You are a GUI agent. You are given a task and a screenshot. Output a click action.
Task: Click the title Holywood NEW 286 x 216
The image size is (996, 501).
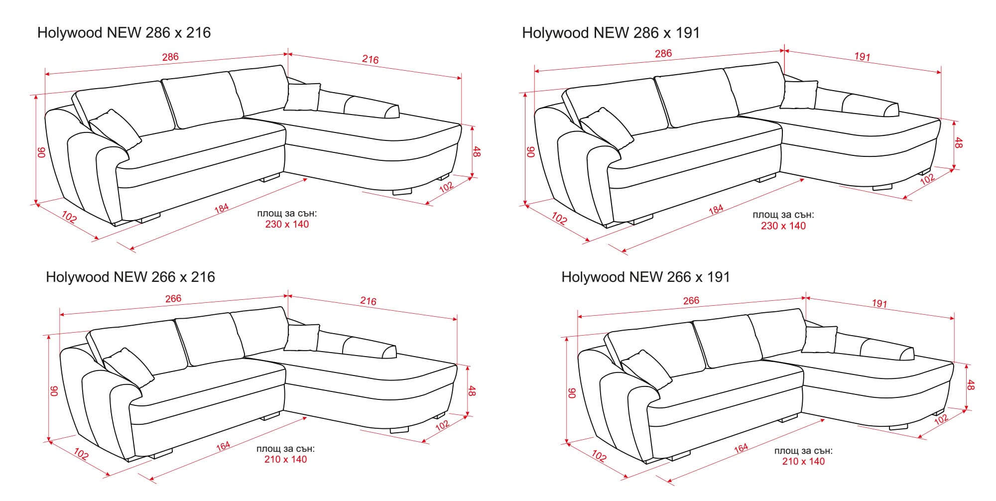tap(124, 33)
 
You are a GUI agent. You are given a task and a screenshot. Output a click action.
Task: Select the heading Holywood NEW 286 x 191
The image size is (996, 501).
tap(611, 33)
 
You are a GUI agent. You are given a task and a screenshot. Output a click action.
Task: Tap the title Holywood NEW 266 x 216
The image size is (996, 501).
tap(130, 277)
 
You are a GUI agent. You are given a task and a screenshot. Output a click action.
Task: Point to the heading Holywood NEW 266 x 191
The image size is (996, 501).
tap(646, 277)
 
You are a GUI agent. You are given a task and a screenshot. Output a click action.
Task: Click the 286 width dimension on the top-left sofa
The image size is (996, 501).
tap(170, 57)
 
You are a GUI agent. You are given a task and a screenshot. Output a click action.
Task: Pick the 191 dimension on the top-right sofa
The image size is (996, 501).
tap(862, 57)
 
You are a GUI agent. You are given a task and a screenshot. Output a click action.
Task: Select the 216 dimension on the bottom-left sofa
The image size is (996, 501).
tap(368, 301)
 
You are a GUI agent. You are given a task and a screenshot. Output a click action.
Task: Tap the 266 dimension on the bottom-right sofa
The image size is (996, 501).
tap(691, 301)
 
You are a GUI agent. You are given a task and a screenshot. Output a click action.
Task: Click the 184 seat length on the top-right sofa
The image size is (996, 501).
tap(716, 209)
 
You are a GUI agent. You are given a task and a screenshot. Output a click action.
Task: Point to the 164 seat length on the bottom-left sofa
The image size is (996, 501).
tap(223, 447)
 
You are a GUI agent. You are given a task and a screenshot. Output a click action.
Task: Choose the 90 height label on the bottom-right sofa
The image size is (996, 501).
tap(573, 393)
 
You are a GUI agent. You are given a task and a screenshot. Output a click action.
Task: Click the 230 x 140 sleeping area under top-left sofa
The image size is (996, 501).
tap(287, 225)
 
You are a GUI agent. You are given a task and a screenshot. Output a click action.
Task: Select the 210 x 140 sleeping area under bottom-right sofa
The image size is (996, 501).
tap(803, 462)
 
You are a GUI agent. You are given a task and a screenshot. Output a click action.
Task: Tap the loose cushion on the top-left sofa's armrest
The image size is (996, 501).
tap(116, 129)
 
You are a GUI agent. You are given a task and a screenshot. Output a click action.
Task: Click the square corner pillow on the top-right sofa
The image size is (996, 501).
tap(798, 95)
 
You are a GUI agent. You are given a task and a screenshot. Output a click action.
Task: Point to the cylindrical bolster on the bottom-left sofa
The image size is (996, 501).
tap(370, 349)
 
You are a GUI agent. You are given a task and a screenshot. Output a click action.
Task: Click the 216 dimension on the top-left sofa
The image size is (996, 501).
tap(371, 60)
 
